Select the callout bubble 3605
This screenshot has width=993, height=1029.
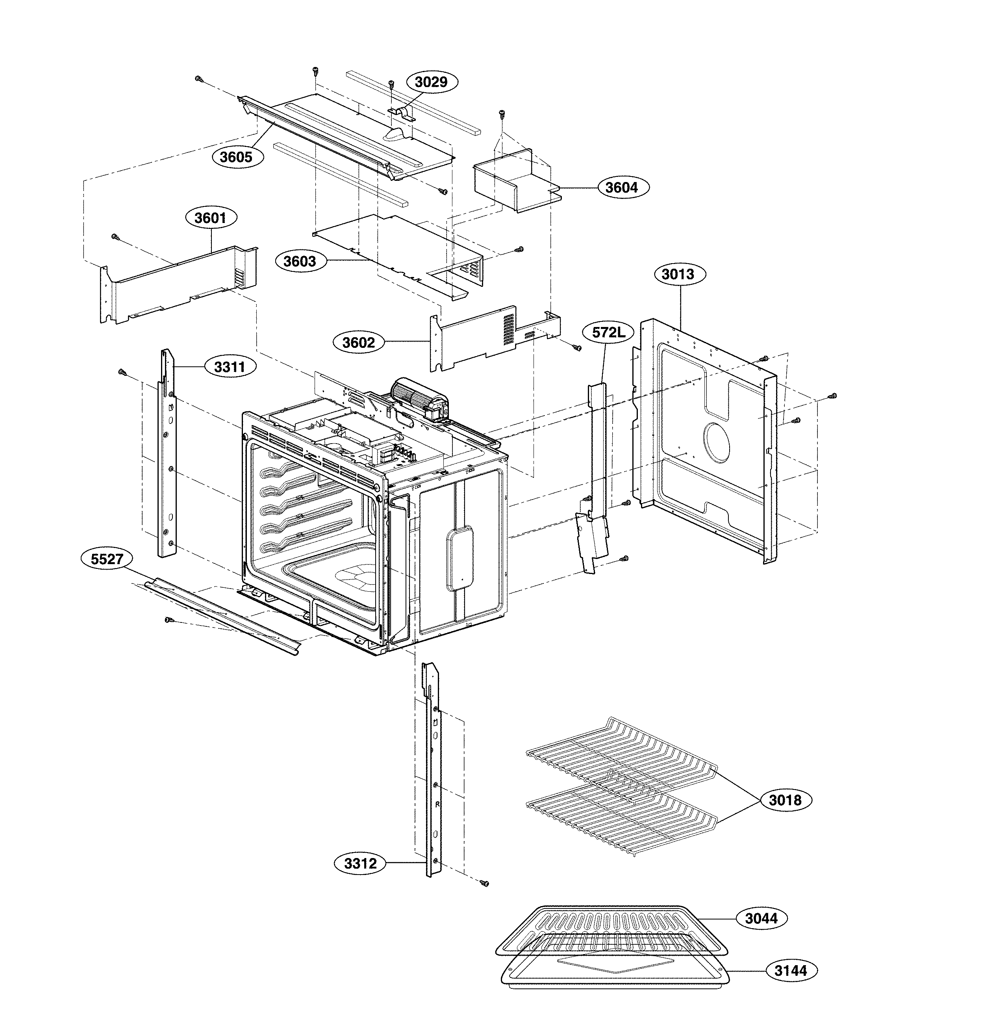click(236, 156)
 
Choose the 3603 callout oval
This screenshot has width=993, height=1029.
click(300, 261)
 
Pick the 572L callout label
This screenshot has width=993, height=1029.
click(609, 332)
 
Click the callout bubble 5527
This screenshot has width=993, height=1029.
click(107, 559)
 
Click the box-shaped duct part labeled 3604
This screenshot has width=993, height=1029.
click(512, 181)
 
